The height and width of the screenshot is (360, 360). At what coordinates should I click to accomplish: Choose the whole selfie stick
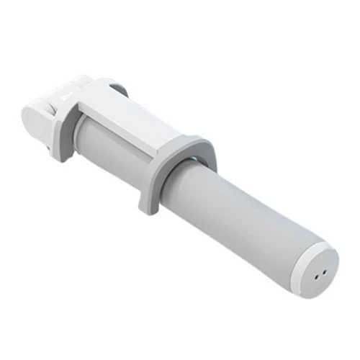pos(180,180)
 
